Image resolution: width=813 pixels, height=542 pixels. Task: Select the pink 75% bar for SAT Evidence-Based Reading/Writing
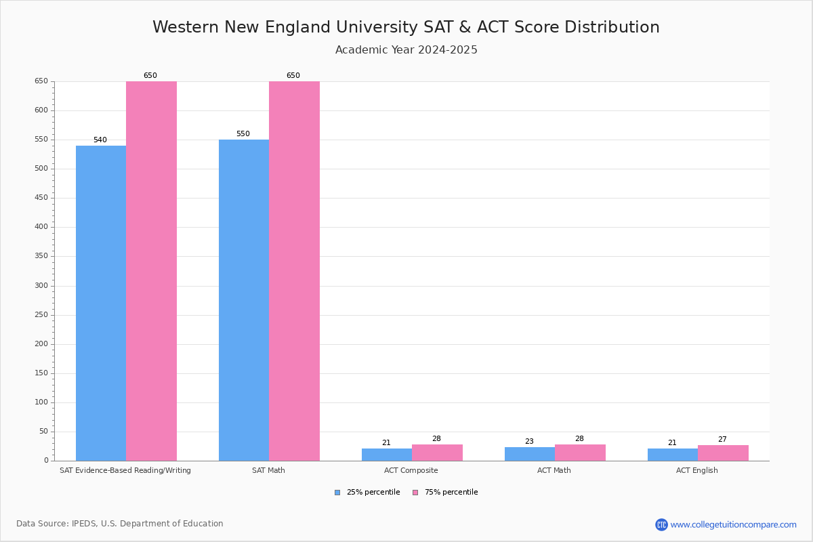151,271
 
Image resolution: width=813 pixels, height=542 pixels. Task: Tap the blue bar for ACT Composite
386,455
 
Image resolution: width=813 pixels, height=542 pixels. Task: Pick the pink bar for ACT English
723,453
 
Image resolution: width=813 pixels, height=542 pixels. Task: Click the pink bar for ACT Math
580,453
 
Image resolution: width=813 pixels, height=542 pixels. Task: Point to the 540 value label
100,140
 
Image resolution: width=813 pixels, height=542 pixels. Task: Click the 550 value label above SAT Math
243,134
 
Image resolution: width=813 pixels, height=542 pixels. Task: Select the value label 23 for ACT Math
529,442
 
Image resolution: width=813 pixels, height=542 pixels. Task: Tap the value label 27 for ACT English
722,440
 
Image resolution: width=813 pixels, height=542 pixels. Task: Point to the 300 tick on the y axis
41,286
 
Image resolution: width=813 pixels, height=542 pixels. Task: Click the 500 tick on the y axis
41,169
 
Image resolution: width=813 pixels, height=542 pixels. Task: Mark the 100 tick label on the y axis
41,402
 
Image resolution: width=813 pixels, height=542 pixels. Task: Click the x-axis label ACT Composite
411,470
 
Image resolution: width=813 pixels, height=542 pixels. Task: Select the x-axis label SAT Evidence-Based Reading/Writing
125,470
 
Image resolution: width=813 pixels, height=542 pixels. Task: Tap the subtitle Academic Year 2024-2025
406,50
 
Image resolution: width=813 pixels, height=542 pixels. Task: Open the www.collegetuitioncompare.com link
733,524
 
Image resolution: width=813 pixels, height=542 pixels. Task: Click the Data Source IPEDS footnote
120,524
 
